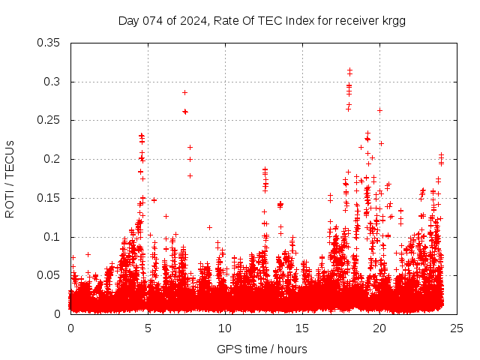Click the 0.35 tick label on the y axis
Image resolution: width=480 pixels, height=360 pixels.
49,43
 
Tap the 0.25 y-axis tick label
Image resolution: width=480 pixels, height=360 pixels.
49,121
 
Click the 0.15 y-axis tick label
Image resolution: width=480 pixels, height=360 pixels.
49,199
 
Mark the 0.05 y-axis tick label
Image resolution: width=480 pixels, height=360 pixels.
49,276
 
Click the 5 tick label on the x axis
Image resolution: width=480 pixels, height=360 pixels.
148,328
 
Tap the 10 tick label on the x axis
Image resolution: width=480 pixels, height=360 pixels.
225,328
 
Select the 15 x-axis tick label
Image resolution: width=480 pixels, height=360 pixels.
302,328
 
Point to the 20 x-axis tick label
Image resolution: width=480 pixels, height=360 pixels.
379,328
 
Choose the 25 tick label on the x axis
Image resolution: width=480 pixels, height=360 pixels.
457,328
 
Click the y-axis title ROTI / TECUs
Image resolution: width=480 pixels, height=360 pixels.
10,178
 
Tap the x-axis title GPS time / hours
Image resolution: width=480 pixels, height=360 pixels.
262,349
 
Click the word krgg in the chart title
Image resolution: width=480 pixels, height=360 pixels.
393,20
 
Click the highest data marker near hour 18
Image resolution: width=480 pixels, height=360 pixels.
349,70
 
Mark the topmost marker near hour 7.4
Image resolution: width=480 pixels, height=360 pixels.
184,92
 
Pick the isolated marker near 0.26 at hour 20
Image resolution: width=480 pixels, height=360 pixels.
379,110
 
